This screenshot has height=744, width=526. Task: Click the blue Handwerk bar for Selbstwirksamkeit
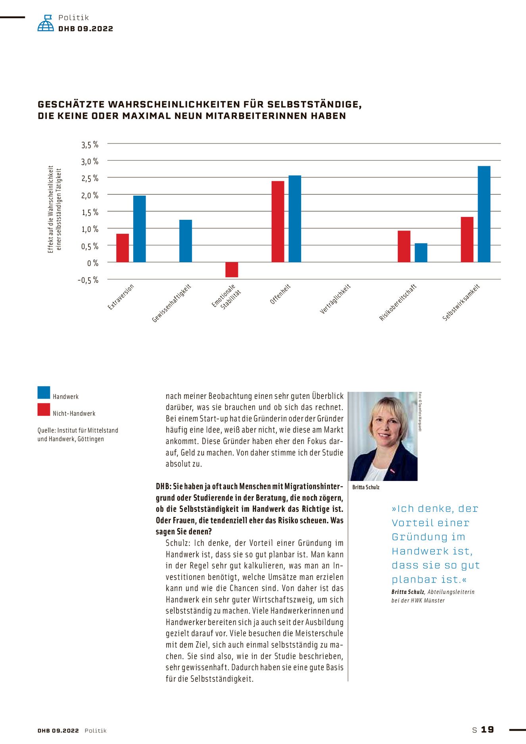pyautogui.click(x=484, y=214)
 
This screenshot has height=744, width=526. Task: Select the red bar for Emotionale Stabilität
pyautogui.click(x=232, y=269)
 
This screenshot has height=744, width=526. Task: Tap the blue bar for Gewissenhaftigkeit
pyautogui.click(x=186, y=241)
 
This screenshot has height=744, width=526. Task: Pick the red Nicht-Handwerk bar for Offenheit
pyautogui.click(x=278, y=221)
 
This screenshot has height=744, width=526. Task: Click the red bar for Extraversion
pyautogui.click(x=123, y=248)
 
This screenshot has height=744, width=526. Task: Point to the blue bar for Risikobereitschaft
pyautogui.click(x=421, y=252)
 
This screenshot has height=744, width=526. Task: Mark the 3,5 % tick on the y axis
pyautogui.click(x=90, y=145)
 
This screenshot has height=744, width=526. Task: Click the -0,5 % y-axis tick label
pyautogui.click(x=88, y=280)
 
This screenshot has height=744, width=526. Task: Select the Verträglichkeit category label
pyautogui.click(x=335, y=299)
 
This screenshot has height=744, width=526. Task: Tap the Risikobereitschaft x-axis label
pyautogui.click(x=397, y=302)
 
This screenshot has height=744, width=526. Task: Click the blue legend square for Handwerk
pyautogui.click(x=44, y=392)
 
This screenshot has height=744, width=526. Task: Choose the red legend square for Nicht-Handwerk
pyautogui.click(x=44, y=409)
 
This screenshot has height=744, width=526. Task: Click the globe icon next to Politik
pyautogui.click(x=46, y=23)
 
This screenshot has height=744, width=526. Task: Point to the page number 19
pyautogui.click(x=488, y=729)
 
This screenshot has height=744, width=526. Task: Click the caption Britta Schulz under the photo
pyautogui.click(x=366, y=487)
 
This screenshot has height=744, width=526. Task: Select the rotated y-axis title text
pyautogui.click(x=54, y=210)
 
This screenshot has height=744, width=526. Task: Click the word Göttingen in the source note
pyautogui.click(x=91, y=439)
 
